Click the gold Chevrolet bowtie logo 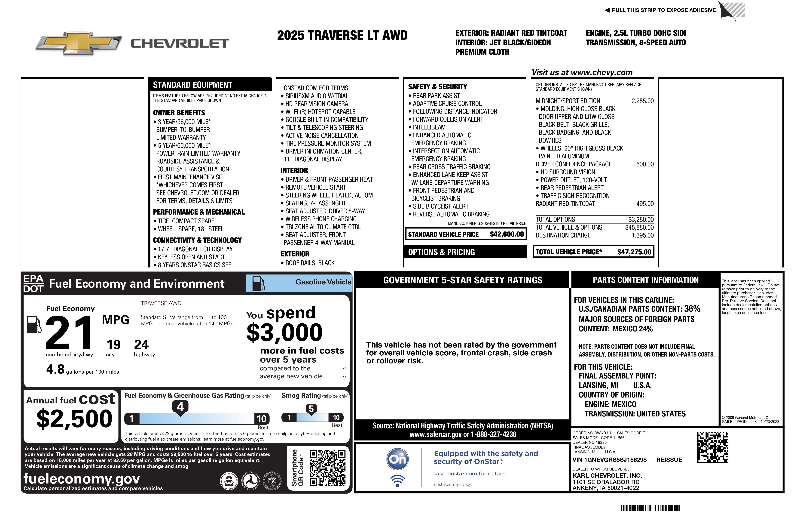pos(79,43)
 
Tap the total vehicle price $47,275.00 pos(634,252)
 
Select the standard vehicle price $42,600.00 pos(506,234)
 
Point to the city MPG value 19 pos(113,345)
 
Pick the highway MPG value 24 pos(141,345)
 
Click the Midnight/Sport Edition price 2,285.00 pos(642,101)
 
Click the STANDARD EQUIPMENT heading pos(192,85)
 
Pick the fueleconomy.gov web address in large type pos(82,479)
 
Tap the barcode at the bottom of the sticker pos(648,508)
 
